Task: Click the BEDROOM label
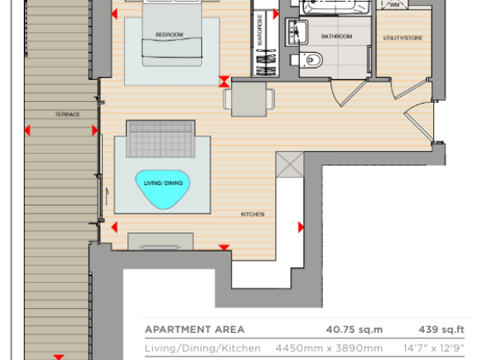(x=169, y=35)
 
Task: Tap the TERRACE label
(x=67, y=114)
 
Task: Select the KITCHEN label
(x=252, y=215)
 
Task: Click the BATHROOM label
(x=336, y=36)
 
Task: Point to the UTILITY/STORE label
(x=403, y=38)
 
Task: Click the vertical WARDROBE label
(x=260, y=30)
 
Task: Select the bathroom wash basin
(x=297, y=32)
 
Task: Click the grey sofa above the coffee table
(x=161, y=139)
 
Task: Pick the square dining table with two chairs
(x=249, y=99)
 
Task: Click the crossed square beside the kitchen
(x=290, y=164)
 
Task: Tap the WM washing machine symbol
(x=395, y=4)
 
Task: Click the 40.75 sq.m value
(x=354, y=330)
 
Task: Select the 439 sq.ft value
(x=441, y=330)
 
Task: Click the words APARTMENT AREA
(x=195, y=330)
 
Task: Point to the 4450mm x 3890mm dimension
(x=329, y=348)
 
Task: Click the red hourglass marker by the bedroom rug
(x=224, y=81)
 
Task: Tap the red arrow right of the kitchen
(x=301, y=227)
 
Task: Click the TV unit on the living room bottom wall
(x=160, y=242)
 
